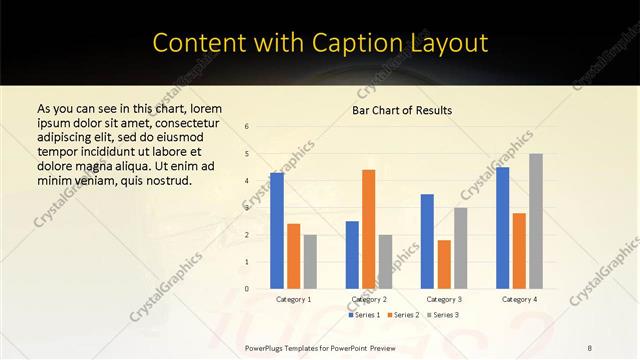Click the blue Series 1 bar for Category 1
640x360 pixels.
click(277, 231)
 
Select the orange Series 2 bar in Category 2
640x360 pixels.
click(369, 229)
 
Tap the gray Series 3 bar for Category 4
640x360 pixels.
click(536, 221)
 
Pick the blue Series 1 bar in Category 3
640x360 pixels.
click(427, 241)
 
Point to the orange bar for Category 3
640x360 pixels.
click(444, 264)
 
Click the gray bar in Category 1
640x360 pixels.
click(310, 262)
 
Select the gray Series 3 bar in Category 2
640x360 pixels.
click(386, 262)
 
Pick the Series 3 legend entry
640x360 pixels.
click(444, 315)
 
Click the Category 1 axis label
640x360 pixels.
click(293, 299)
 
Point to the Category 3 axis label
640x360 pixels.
click(444, 299)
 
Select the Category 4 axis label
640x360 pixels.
click(519, 299)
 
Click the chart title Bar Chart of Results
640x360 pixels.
click(402, 110)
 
